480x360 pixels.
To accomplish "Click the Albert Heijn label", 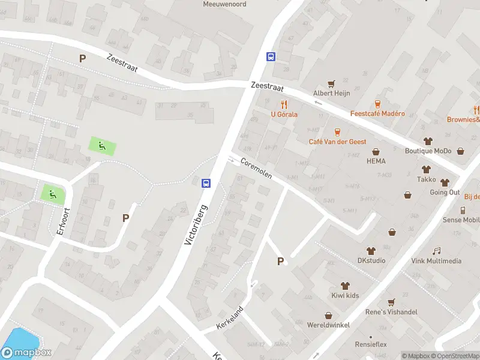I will click(x=331, y=94).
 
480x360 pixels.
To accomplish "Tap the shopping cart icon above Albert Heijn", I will click(x=331, y=83).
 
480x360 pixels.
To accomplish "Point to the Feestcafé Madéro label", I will click(x=377, y=114).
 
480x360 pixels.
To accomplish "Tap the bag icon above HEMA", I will click(x=376, y=151).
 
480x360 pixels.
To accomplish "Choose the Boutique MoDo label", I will click(x=428, y=151).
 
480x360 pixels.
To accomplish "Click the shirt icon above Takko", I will click(x=427, y=169).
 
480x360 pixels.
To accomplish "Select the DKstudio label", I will click(x=371, y=260).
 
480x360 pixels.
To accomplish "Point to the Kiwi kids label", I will click(x=344, y=296).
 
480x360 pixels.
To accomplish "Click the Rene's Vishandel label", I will click(x=391, y=312).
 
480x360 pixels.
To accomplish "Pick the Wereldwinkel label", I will click(x=328, y=325).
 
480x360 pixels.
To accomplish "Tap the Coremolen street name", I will click(x=257, y=169).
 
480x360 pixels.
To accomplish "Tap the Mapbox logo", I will click(x=26, y=353).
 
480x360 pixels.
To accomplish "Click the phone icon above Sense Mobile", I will click(x=463, y=210).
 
